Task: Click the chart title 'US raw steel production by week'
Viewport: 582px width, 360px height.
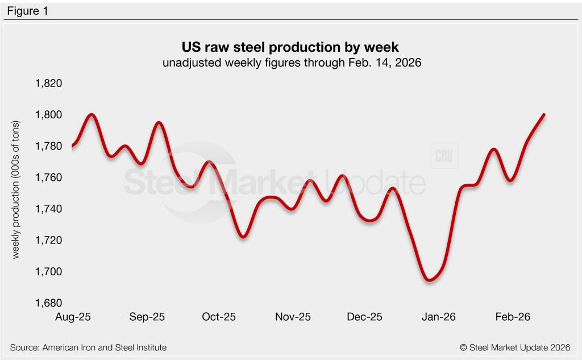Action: point(291,47)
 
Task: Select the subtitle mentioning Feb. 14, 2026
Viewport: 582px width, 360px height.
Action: point(291,63)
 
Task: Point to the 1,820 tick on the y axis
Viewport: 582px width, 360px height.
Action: point(48,84)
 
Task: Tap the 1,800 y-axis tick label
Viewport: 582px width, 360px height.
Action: point(48,115)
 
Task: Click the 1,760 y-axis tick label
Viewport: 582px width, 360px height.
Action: point(48,178)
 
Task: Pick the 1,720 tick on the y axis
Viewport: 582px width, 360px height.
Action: point(48,241)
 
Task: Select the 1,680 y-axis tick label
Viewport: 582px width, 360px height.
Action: point(48,303)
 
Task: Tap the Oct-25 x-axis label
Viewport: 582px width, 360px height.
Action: point(219,317)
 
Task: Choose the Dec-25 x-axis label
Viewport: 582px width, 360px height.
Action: point(365,317)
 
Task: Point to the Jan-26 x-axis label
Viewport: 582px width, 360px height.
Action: point(439,317)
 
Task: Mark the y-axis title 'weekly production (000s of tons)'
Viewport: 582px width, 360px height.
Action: point(16,190)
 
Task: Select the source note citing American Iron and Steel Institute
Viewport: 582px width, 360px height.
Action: point(89,347)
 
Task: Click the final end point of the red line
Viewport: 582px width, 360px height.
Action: point(544,115)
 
